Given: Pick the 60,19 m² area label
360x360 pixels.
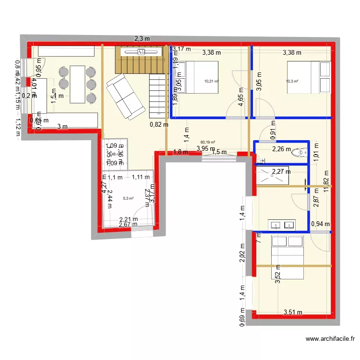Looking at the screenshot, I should pyautogui.click(x=207, y=142).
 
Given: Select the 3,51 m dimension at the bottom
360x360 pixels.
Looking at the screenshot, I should pyautogui.click(x=293, y=312).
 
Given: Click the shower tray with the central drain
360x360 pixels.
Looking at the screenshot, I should pyautogui.click(x=272, y=177).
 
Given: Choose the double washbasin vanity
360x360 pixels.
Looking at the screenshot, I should pyautogui.click(x=282, y=225).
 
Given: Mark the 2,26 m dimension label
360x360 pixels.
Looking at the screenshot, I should pyautogui.click(x=281, y=149).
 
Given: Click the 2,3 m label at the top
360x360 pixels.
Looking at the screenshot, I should pyautogui.click(x=142, y=39).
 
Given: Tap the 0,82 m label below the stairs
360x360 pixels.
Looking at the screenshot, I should pyautogui.click(x=159, y=125).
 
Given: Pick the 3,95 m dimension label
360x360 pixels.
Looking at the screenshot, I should pyautogui.click(x=205, y=149).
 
